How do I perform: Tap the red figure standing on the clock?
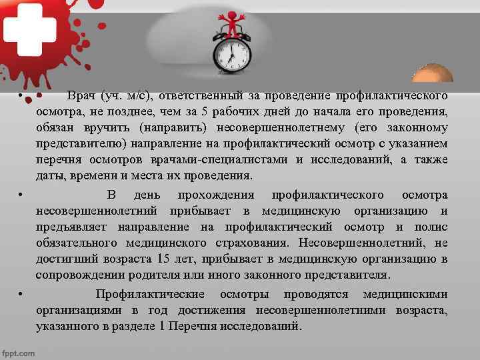coord(233,23)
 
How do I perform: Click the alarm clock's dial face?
coord(231,54)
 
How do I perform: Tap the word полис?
coord(431,227)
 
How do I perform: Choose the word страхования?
coord(255,243)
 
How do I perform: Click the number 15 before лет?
coord(163,259)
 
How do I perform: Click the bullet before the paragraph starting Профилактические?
coord(21,295)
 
